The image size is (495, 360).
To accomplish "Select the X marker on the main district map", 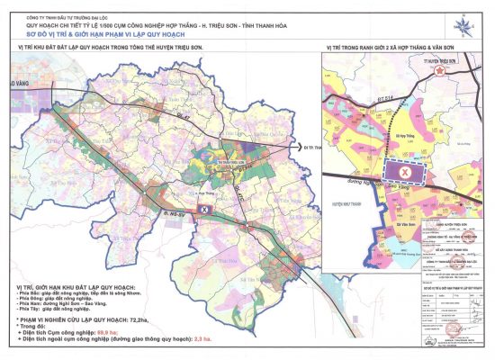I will tap(202, 209).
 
